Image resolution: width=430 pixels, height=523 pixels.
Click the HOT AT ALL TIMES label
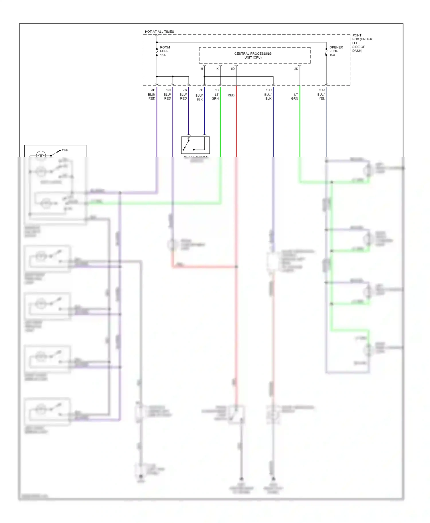pyautogui.click(x=159, y=31)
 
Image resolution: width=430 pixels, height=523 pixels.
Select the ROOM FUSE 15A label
pyautogui.click(x=165, y=51)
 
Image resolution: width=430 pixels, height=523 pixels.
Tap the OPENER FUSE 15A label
pyautogui.click(x=336, y=51)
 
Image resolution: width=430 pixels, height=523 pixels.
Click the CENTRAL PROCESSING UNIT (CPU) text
pyautogui.click(x=253, y=56)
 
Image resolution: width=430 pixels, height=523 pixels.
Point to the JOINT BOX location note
pyautogui.click(x=362, y=43)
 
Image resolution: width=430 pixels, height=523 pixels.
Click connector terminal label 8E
pyautogui.click(x=153, y=90)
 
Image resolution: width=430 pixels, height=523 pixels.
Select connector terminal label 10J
pyautogui.click(x=169, y=90)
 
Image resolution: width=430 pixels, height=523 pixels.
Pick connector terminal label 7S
pyautogui.click(x=185, y=90)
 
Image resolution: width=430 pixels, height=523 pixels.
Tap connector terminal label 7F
pyautogui.click(x=201, y=90)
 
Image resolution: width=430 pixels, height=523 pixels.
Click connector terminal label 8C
pyautogui.click(x=217, y=90)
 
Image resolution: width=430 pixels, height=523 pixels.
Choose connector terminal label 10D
pyautogui.click(x=269, y=90)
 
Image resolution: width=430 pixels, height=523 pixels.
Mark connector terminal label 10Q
pyautogui.click(x=322, y=90)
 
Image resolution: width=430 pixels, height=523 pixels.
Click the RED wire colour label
pyautogui.click(x=231, y=95)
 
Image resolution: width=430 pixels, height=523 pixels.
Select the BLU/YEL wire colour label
pyautogui.click(x=321, y=96)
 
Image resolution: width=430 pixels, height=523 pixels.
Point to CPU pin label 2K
pyautogui.click(x=296, y=69)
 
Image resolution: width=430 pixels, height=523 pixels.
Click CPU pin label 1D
pyautogui.click(x=232, y=69)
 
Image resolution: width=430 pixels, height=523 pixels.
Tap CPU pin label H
pyautogui.click(x=202, y=69)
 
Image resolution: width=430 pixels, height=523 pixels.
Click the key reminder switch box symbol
pyautogui.click(x=195, y=145)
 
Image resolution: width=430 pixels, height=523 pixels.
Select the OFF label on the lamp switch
pyautogui.click(x=65, y=150)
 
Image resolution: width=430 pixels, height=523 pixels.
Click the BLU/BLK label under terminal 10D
pyautogui.click(x=268, y=96)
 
